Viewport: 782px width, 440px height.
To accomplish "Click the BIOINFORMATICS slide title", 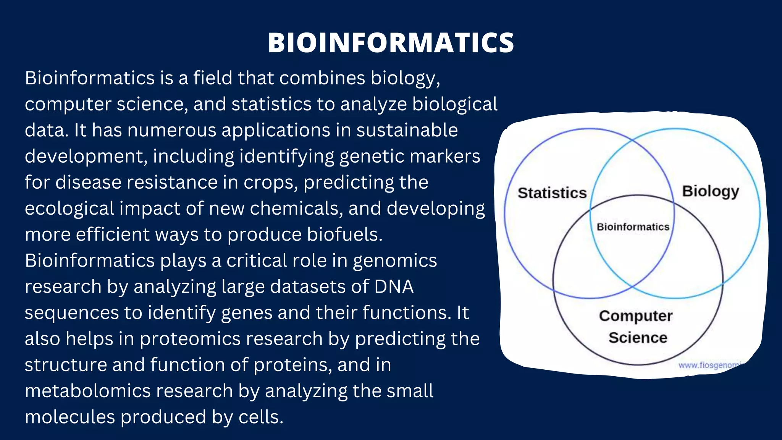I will point(391,42).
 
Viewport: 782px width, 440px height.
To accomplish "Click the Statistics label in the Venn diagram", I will point(552,193).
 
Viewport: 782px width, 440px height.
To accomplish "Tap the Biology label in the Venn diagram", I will point(710,191).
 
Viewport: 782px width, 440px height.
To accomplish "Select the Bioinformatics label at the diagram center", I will point(633,227).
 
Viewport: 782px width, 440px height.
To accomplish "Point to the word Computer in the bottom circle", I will point(635,316).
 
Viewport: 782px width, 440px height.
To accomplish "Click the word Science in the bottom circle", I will point(638,338).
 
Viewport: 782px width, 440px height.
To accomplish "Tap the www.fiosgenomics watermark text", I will point(710,365).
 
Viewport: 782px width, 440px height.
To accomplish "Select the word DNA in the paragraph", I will point(394,286).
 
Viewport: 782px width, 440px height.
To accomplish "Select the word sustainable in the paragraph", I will point(407,130).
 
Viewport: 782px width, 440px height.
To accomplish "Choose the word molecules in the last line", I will point(69,417).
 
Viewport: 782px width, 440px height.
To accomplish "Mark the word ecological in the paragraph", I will point(69,208).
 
